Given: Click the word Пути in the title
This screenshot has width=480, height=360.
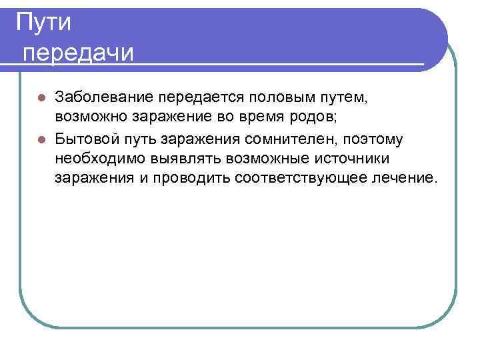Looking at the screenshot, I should pyautogui.click(x=44, y=22).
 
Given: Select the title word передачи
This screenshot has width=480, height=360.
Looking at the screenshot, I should pyautogui.click(x=79, y=51).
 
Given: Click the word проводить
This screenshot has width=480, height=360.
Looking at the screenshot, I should pyautogui.click(x=191, y=179).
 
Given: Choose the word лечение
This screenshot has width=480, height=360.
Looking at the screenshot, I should pyautogui.click(x=406, y=179).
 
